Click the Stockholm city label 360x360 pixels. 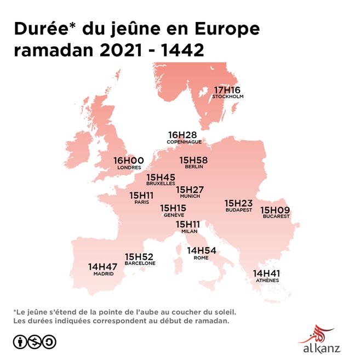[227, 96]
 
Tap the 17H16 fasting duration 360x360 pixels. [227, 90]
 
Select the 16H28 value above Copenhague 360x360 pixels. [182, 135]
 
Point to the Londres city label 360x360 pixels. [129, 168]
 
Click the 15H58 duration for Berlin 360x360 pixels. [193, 160]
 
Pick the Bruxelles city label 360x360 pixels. [161, 184]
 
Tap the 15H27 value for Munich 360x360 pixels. [190, 190]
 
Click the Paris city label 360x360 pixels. [141, 202]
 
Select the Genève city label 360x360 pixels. [173, 215]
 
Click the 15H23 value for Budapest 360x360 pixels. [239, 203]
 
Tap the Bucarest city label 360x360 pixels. [276, 216]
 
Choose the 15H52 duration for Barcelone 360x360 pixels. [139, 256]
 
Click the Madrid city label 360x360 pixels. [103, 273]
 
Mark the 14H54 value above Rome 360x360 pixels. [201, 250]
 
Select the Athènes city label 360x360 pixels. [267, 281]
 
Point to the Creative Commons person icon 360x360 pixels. [20, 342]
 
